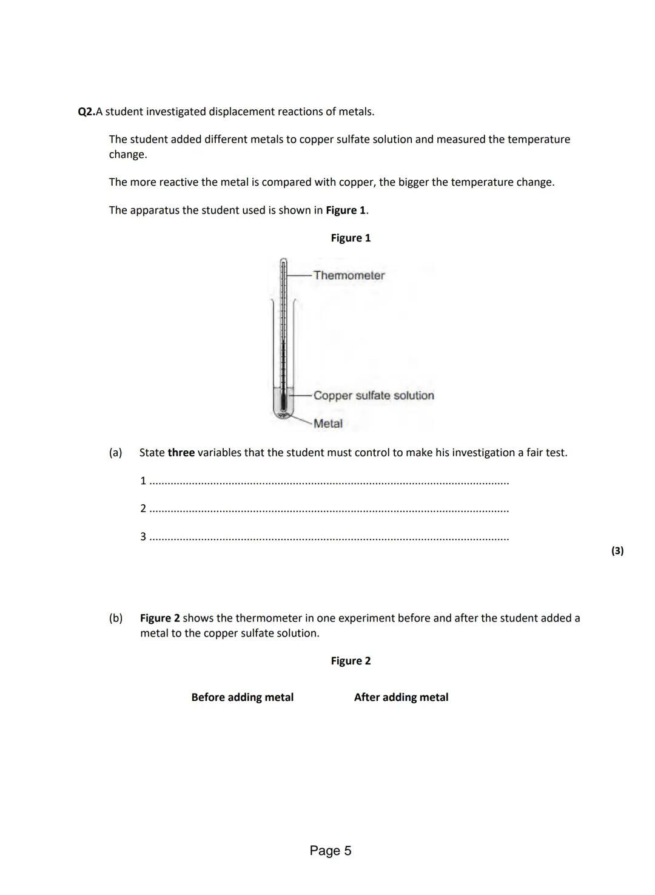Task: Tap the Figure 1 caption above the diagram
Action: tap(351, 238)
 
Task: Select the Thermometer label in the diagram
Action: tap(349, 275)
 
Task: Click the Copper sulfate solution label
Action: tap(374, 396)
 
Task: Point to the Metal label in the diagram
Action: tap(328, 424)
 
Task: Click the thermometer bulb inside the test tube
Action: tap(283, 403)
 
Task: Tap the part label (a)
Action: tap(115, 453)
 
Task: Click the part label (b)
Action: tap(115, 618)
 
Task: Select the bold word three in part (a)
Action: tap(181, 453)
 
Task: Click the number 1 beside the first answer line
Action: tap(143, 481)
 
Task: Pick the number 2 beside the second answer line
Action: tap(143, 508)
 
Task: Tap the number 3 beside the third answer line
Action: tap(143, 536)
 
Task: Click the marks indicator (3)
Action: tap(617, 551)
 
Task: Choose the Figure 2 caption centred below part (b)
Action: tap(351, 661)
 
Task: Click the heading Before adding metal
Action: tap(242, 697)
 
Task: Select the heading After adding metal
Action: tap(401, 697)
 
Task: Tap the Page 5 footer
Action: tap(331, 851)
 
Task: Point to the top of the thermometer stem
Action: tap(283, 261)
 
